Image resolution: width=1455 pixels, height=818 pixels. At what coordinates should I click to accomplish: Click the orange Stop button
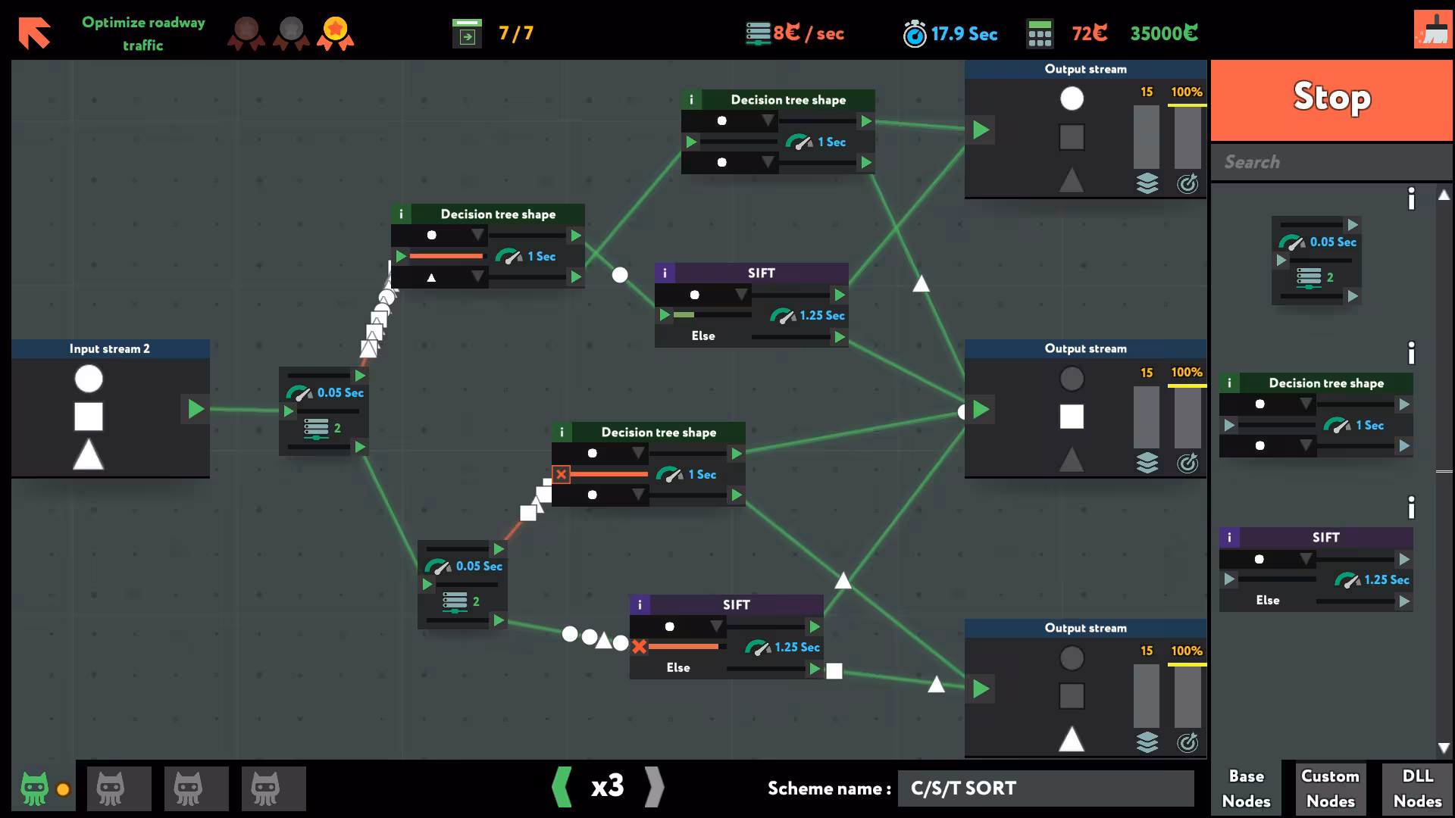click(1331, 100)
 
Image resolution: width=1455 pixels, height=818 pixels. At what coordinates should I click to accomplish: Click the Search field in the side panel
click(1331, 162)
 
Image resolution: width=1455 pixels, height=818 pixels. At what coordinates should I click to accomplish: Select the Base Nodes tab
click(1246, 788)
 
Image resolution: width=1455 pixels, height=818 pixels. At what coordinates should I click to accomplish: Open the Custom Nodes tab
click(1330, 788)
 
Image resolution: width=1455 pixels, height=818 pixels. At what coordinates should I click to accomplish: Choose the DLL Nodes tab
click(1417, 788)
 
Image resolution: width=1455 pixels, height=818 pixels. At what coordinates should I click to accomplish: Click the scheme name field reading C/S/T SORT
click(1046, 788)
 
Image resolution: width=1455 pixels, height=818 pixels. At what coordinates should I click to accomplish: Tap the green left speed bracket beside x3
click(562, 787)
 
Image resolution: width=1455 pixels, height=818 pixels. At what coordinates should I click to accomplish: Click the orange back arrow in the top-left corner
click(34, 33)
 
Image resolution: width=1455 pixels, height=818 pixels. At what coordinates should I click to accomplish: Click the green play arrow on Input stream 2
click(196, 409)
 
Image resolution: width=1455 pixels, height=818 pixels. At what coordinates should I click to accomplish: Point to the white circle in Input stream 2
click(89, 379)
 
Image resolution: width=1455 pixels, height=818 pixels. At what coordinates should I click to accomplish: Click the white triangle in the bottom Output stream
click(1071, 738)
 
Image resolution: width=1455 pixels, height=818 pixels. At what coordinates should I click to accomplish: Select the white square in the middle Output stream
click(1072, 417)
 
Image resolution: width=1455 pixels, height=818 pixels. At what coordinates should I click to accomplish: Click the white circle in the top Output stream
click(1072, 98)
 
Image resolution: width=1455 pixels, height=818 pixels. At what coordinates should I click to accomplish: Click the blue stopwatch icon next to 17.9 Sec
click(915, 33)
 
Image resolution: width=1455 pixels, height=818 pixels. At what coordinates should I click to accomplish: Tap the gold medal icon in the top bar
click(335, 33)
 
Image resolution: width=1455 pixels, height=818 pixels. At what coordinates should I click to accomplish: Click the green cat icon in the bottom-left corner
click(35, 788)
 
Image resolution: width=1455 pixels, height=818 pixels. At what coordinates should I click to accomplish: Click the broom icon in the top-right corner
click(1432, 30)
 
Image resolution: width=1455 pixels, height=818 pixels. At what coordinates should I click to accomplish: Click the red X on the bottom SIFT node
click(639, 647)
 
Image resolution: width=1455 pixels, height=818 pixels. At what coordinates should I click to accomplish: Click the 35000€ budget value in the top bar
click(1164, 33)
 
